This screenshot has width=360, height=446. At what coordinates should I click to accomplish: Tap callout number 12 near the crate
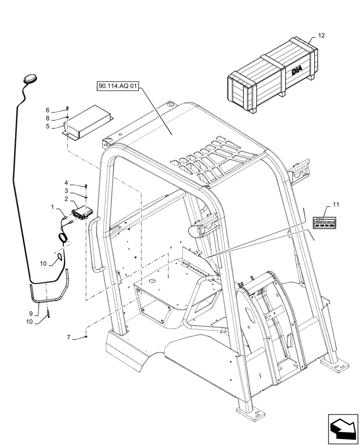click(x=322, y=35)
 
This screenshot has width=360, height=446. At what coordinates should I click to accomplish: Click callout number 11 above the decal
click(x=335, y=204)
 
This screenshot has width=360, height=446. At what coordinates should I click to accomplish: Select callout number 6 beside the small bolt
click(x=48, y=110)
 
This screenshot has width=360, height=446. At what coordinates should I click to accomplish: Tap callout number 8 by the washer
click(x=48, y=118)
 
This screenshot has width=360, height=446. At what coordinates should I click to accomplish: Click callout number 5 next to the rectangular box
click(x=48, y=126)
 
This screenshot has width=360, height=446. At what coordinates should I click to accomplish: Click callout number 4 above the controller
click(x=66, y=183)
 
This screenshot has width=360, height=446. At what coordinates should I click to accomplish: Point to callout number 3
click(x=66, y=191)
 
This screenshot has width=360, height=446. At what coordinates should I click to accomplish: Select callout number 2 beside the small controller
click(x=66, y=199)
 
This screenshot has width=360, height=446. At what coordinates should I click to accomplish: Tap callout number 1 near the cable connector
click(x=53, y=207)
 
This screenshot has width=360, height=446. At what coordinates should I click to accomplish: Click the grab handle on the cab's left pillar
click(x=94, y=243)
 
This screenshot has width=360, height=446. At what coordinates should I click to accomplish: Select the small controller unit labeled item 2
click(x=82, y=213)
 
